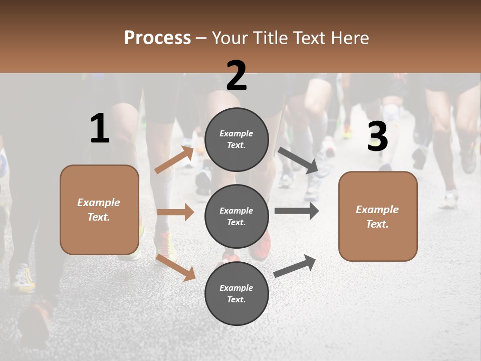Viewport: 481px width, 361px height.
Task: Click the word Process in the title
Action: pos(157,38)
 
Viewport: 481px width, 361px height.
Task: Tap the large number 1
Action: pos(100,128)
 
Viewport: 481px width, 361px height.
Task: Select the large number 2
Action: pos(236,76)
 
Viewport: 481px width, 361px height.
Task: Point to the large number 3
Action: pos(377,137)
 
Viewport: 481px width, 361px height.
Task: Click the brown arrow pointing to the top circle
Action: pos(174,160)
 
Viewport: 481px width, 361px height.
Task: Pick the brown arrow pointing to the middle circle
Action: pos(175,212)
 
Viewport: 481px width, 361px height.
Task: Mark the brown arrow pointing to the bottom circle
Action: pos(175,267)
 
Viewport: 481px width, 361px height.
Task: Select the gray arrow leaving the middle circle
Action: pos(297,211)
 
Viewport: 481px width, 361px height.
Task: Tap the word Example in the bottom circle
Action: pos(236,288)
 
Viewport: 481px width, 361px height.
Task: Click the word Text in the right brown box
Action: pos(377,224)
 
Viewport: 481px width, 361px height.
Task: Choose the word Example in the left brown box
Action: pos(99,203)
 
